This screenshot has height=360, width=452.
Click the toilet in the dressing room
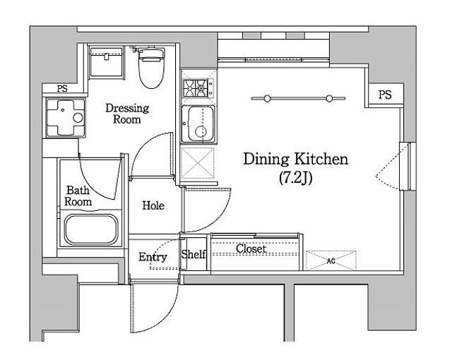[151, 68]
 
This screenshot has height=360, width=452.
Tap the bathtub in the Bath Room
[91, 229]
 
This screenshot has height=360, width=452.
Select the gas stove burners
[196, 88]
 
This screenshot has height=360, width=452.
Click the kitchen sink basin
[198, 124]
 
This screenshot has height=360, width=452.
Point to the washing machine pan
[66, 117]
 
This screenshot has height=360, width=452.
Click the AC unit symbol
[331, 260]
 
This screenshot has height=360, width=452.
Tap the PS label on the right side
[385, 95]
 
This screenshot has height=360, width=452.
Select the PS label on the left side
[62, 88]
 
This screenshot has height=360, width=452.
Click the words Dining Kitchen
[296, 160]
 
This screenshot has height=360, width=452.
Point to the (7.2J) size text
[296, 178]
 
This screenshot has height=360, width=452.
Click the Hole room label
[153, 205]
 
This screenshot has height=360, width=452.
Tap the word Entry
[153, 257]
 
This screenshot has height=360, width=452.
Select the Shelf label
[194, 254]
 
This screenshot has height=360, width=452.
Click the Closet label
[251, 248]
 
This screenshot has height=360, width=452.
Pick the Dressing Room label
[127, 114]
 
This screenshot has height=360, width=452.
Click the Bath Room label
[78, 196]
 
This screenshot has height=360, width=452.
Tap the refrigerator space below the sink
[198, 163]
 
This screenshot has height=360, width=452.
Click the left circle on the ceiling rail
[267, 99]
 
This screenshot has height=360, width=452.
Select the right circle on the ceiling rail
[330, 99]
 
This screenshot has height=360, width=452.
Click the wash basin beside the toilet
[107, 62]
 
